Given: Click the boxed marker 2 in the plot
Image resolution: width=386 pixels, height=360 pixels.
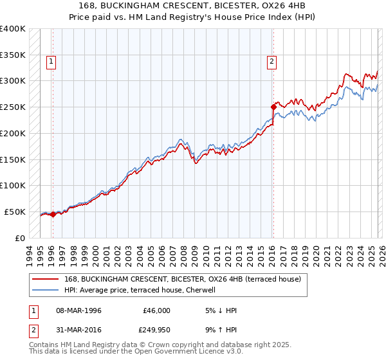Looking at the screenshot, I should (271, 62).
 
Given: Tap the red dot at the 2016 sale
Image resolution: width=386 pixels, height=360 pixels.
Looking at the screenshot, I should (273, 107).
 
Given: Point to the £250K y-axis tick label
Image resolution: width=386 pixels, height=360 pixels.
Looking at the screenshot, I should (13, 107).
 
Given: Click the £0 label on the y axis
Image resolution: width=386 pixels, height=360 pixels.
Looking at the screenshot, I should (20, 238).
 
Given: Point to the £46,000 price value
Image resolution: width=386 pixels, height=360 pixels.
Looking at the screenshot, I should (156, 310).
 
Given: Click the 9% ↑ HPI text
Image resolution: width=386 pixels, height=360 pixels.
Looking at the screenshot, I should (220, 331).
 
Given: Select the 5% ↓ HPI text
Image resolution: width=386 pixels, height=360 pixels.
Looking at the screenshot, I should (220, 310).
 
